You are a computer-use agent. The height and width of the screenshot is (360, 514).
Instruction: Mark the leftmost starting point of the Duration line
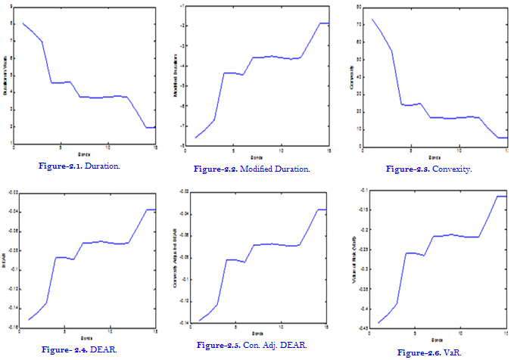click(x=23, y=23)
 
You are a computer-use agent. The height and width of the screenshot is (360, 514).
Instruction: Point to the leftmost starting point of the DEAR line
click(x=29, y=319)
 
